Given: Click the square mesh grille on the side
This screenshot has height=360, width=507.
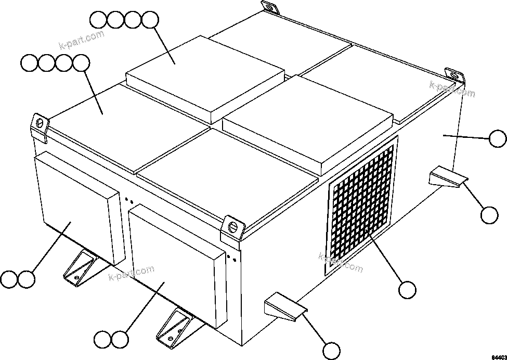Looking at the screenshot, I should coord(362,203).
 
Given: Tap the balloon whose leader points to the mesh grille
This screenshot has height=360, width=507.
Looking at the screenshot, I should coord(408,290).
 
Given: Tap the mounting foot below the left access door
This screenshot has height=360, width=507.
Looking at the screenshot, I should coord(78,271).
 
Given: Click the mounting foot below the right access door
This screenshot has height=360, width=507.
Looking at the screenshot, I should coord(174,325).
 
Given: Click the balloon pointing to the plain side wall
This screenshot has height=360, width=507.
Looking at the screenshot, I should coord(498,138).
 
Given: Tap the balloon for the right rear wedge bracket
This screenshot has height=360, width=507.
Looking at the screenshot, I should coord(489,214).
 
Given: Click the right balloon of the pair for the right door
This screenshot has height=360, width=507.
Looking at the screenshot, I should coord(120,340).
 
